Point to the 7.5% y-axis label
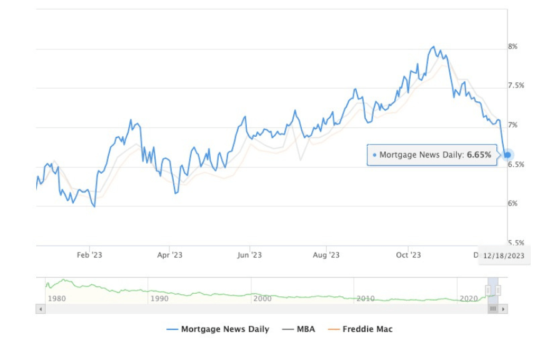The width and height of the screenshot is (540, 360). point(516,86)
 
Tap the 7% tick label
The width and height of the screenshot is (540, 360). point(512,125)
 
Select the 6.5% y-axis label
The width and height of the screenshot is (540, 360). point(516,164)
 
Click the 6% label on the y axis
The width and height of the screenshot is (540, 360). point(512,204)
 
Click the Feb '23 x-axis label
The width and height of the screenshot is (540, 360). point(89,255)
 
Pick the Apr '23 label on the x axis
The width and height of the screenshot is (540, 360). point(169,255)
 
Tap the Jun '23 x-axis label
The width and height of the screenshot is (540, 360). point(249,255)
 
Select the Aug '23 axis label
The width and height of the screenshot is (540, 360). point(326,255)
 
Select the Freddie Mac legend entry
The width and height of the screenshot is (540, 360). point(367,329)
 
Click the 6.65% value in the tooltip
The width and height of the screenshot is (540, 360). point(479,154)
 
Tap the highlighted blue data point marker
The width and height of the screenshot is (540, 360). point(507,155)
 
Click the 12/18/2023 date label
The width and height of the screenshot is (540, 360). point(503,255)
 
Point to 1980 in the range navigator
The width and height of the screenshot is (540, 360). point(57,299)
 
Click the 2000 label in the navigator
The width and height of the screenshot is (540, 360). point(262,299)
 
